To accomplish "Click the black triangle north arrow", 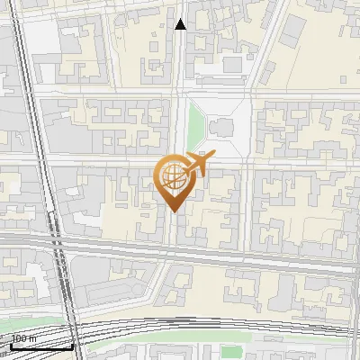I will [181, 24].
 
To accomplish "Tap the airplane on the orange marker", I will [199, 165].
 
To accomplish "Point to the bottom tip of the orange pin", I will [172, 211].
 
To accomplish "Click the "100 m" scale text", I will [23, 339].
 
